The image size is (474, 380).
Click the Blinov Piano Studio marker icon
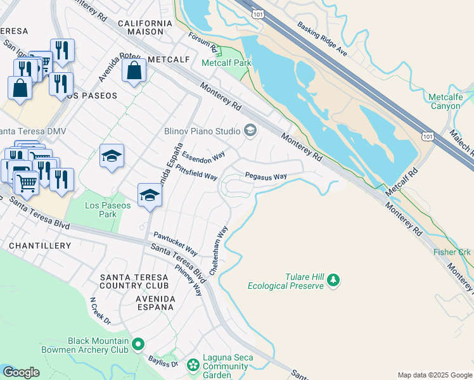click(250, 130)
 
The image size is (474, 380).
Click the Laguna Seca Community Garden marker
click(193, 365)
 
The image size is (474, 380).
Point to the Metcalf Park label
click(226, 63)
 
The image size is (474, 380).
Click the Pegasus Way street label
click(266, 177)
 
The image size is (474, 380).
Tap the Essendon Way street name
click(203, 155)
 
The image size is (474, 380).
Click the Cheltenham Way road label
click(218, 250)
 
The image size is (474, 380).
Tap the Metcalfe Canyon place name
click(445, 101)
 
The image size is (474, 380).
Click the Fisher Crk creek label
click(453, 251)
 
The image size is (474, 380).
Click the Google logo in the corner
click(21, 372)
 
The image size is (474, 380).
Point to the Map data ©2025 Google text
click(434, 375)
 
